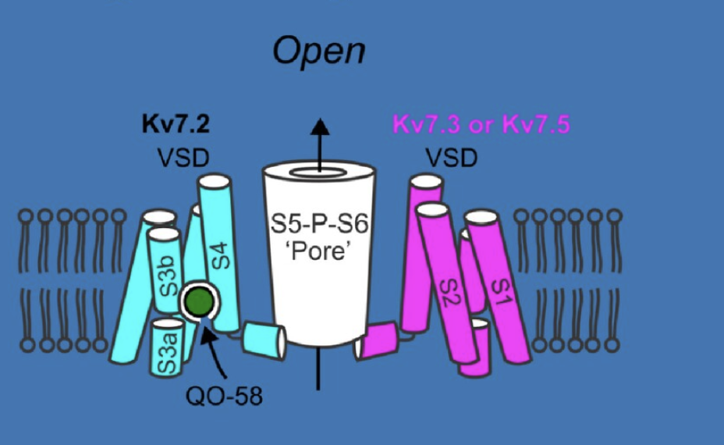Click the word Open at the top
click(x=319, y=52)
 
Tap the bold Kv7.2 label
click(x=176, y=124)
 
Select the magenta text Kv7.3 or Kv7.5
click(x=481, y=124)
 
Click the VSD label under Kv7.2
click(x=183, y=158)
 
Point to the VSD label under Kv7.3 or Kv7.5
click(x=451, y=158)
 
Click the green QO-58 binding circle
click(x=199, y=301)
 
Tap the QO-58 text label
click(x=224, y=396)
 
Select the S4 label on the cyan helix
click(x=221, y=255)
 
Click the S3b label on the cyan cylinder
click(x=168, y=276)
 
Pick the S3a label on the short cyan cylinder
click(x=167, y=353)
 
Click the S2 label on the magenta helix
click(x=449, y=292)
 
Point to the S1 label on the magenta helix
click(x=502, y=292)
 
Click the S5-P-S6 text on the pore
click(x=319, y=225)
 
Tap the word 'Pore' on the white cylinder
click(x=318, y=251)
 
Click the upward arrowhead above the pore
click(x=320, y=126)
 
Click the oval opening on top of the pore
click(x=318, y=173)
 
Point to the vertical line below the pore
click(x=318, y=369)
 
